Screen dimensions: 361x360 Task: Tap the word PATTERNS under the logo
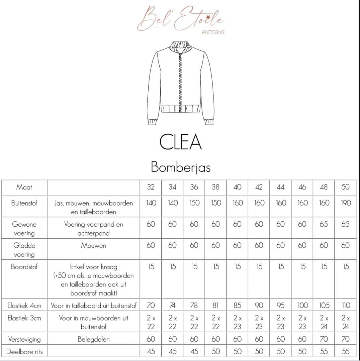(213, 32)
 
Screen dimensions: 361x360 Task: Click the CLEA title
(180, 142)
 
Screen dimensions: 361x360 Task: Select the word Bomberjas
(181, 167)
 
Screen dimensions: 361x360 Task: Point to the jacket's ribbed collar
(181, 47)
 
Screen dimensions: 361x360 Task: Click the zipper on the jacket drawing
(181, 80)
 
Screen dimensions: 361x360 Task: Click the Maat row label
(24, 187)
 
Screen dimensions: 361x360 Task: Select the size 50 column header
(345, 187)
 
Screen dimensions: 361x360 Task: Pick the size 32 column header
(151, 187)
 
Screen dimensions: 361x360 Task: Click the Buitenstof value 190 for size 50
(345, 203)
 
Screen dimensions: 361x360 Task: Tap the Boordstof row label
(24, 267)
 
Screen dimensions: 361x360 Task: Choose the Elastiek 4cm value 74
(172, 305)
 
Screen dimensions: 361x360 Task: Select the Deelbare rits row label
(24, 351)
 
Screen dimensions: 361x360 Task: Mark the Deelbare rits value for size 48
(324, 351)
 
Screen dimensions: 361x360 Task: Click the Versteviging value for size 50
(345, 339)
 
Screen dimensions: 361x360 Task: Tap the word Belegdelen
(93, 339)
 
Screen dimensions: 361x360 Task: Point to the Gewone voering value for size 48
(324, 224)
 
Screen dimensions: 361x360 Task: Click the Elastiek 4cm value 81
(215, 305)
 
